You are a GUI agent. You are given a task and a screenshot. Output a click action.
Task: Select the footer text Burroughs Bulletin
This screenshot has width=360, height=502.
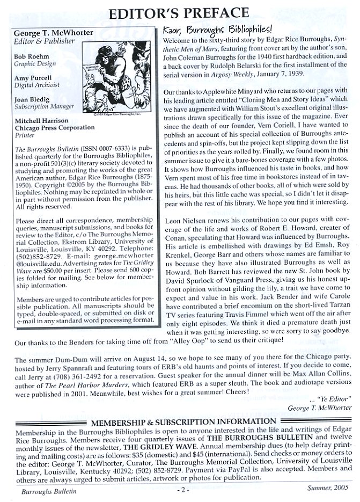38,490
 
